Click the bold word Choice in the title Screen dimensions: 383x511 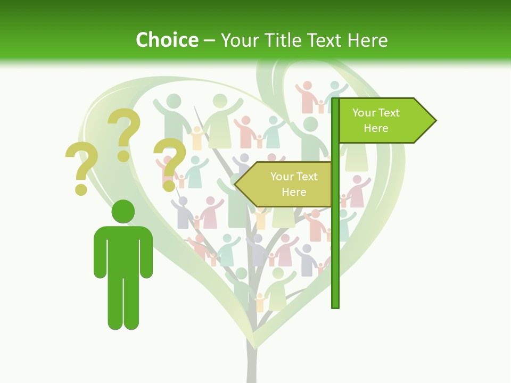click(167, 40)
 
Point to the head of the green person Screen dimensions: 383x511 click(123, 211)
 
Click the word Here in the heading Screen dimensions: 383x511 click(368, 40)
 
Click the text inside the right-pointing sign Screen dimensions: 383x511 click(376, 120)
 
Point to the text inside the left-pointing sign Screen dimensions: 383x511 click(294, 184)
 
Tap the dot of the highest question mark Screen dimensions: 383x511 click(123, 156)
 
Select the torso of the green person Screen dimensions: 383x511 click(123, 250)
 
